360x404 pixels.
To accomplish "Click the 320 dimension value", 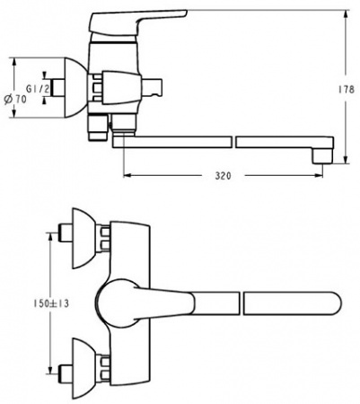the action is tap(224, 176).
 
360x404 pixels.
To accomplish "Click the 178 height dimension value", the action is tap(347, 90).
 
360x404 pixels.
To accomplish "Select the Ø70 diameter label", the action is tap(15, 100).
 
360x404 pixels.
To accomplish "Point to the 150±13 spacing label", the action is tap(50, 303).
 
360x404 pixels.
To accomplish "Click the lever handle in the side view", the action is tap(138, 22).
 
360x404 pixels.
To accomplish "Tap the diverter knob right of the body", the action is tap(152, 88).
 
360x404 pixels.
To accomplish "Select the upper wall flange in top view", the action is tap(84, 238).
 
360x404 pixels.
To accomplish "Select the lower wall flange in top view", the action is tap(84, 369).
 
